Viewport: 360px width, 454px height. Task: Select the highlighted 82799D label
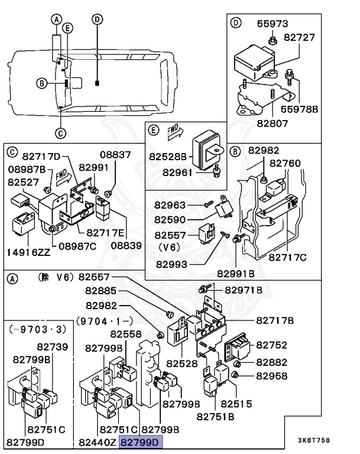tap(141, 442)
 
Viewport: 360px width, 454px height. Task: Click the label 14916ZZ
tap(28, 252)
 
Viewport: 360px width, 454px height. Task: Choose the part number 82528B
tap(168, 157)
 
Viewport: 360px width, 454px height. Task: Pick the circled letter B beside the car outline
tap(41, 83)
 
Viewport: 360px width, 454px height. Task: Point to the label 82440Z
tap(98, 442)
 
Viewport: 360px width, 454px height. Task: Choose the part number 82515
tap(236, 404)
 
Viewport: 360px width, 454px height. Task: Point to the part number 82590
tap(170, 219)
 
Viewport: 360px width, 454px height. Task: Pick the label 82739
tap(53, 347)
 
